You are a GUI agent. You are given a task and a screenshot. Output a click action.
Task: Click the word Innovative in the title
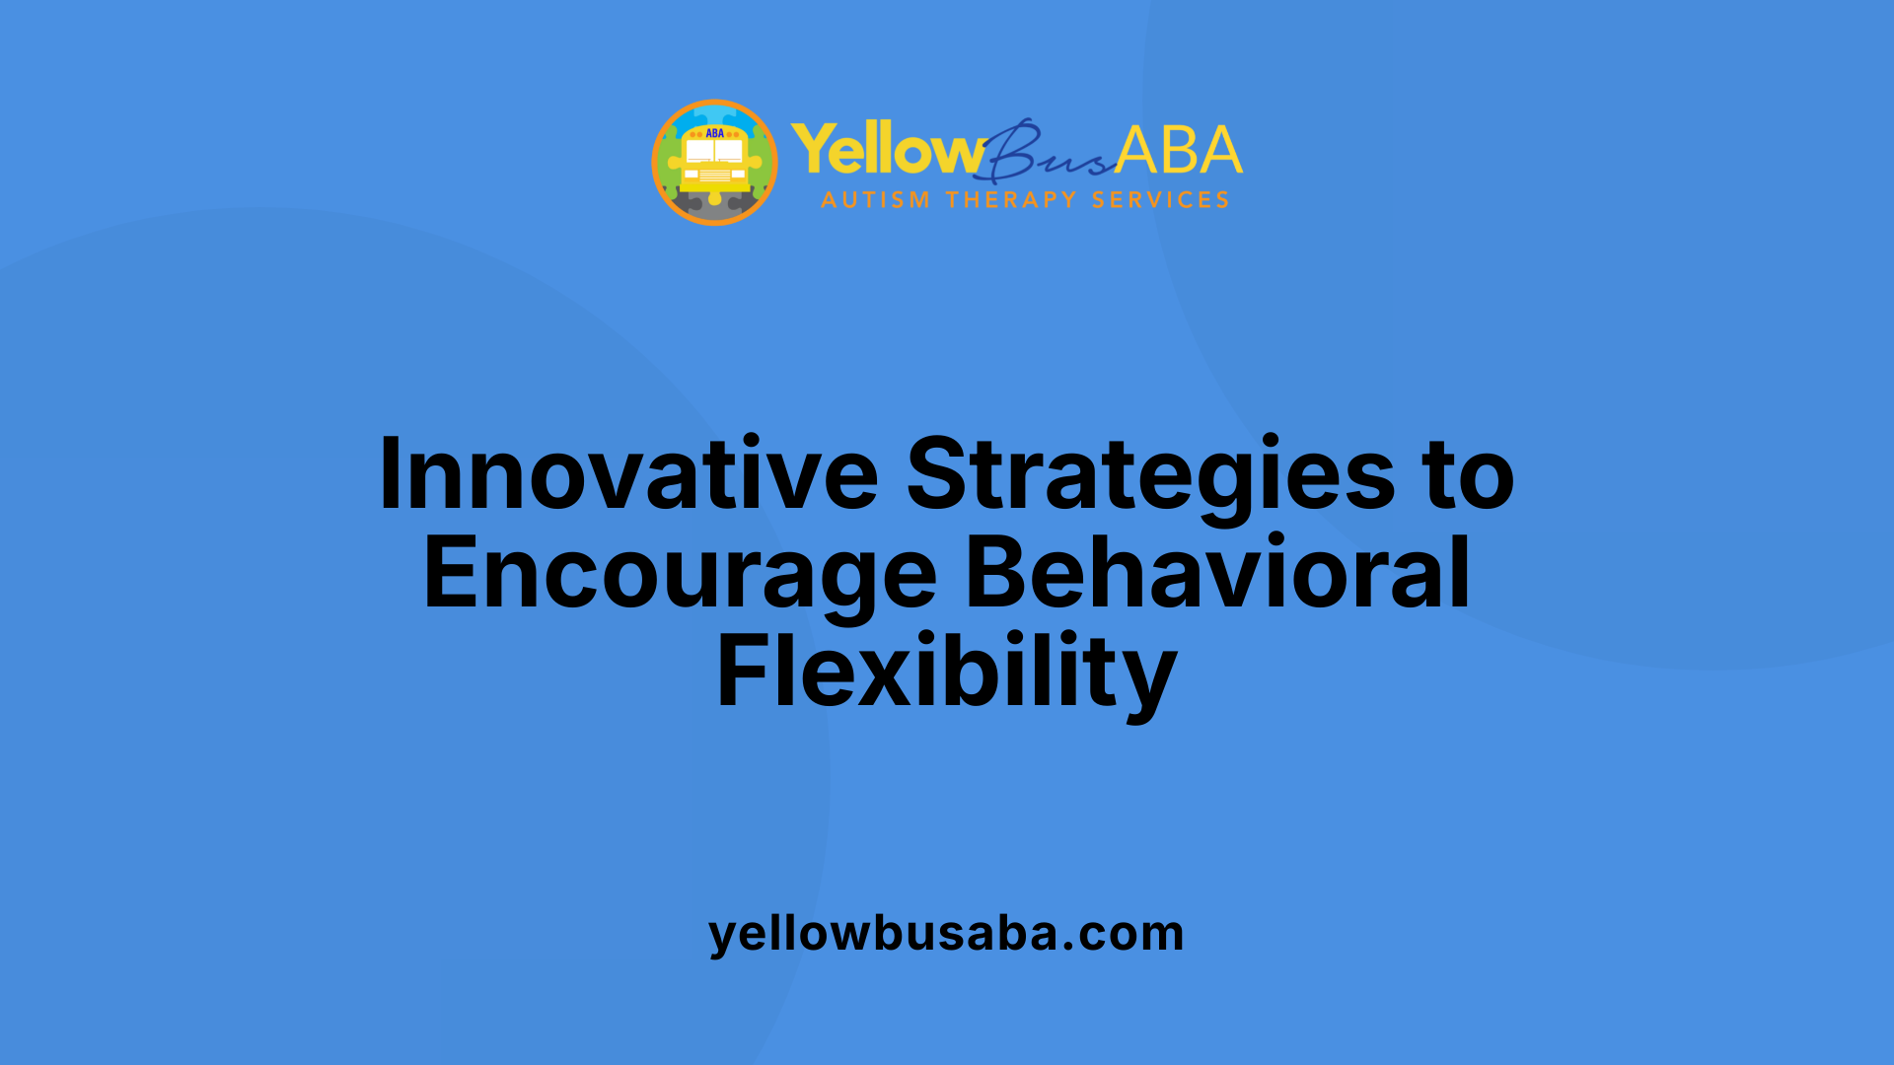tap(627, 475)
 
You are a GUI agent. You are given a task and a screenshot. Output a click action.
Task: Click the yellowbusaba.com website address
tap(946, 933)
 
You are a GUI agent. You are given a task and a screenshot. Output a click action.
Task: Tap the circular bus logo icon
tap(714, 163)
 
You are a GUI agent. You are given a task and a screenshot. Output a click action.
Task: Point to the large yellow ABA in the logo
tap(1179, 151)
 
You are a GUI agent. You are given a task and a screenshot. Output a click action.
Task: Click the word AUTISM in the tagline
tap(875, 200)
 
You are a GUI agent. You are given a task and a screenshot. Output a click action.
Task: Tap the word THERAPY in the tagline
tap(1011, 200)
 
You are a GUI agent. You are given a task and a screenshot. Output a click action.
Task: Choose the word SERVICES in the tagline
tap(1160, 200)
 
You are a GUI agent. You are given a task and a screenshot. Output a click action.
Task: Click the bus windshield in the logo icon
tap(714, 151)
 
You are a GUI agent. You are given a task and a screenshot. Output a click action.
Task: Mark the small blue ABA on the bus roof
tap(714, 133)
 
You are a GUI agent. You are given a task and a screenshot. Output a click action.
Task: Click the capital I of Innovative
tap(390, 475)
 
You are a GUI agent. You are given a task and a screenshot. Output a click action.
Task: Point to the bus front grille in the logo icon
tap(714, 176)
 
